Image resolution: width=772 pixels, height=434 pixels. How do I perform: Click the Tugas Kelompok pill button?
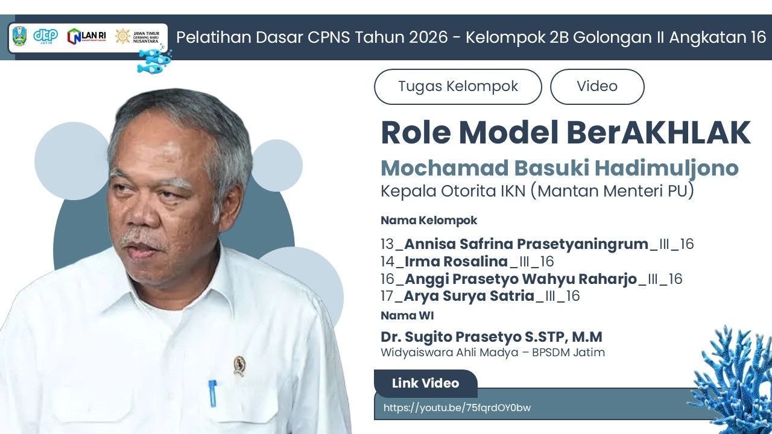pyautogui.click(x=458, y=87)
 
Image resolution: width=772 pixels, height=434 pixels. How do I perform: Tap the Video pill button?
pyautogui.click(x=597, y=87)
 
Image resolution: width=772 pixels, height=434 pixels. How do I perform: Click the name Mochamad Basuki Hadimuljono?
pyautogui.click(x=560, y=168)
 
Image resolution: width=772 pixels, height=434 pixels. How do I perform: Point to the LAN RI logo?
pyautogui.click(x=86, y=36)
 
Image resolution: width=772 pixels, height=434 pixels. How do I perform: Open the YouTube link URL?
pyautogui.click(x=457, y=407)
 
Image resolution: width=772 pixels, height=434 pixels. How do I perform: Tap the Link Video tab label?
pyautogui.click(x=425, y=383)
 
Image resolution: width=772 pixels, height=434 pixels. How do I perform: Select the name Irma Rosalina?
pyautogui.click(x=457, y=262)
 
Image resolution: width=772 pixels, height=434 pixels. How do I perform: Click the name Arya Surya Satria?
pyautogui.click(x=469, y=296)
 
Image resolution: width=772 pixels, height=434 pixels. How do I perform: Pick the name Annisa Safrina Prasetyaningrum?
pyautogui.click(x=526, y=244)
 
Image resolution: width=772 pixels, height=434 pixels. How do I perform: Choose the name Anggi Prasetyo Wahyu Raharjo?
pyautogui.click(x=520, y=279)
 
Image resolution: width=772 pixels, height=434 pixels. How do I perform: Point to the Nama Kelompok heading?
pyautogui.click(x=429, y=221)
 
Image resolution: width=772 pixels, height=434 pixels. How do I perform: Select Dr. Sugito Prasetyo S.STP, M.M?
pyautogui.click(x=491, y=337)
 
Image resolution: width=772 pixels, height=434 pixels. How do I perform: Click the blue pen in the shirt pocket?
pyautogui.click(x=212, y=392)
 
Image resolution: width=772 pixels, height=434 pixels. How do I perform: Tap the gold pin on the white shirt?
pyautogui.click(x=239, y=365)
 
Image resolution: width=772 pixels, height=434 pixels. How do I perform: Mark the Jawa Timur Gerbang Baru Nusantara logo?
pyautogui.click(x=141, y=36)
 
